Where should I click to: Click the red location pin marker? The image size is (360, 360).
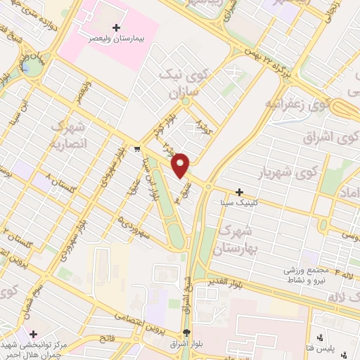(x=181, y=165)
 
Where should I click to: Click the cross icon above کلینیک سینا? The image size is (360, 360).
(x=239, y=192)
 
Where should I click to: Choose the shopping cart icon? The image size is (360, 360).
(x=137, y=148)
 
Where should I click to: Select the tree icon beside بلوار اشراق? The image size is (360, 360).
(x=186, y=333)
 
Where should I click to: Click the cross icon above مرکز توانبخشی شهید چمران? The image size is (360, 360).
(x=33, y=333)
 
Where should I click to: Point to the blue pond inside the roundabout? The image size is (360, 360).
(x=30, y=67)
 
